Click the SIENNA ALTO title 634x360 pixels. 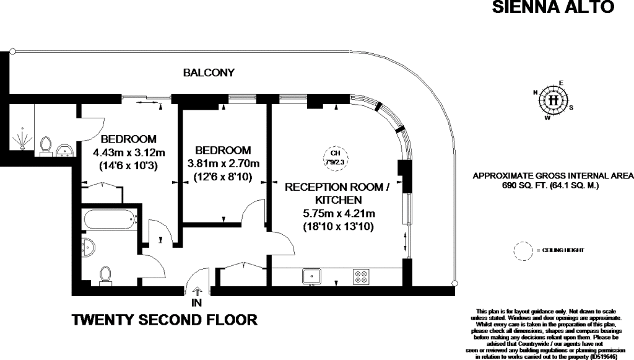tap(552, 7)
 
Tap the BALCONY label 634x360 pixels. tap(209, 72)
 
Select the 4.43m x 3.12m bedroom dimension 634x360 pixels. tap(129, 152)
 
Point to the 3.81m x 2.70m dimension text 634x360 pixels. tap(223, 164)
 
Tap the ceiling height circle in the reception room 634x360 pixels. tap(335, 156)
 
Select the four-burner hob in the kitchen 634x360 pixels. tap(360, 276)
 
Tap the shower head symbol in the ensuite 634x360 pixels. tap(22, 139)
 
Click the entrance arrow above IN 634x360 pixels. tap(198, 291)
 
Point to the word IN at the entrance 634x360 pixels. tap(198, 304)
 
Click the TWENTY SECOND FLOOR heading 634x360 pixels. tap(165, 320)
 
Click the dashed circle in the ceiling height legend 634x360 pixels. tap(524, 250)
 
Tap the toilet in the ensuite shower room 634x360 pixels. tap(45, 144)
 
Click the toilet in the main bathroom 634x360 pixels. tap(105, 274)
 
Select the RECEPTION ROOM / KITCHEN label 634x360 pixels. tap(337, 193)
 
